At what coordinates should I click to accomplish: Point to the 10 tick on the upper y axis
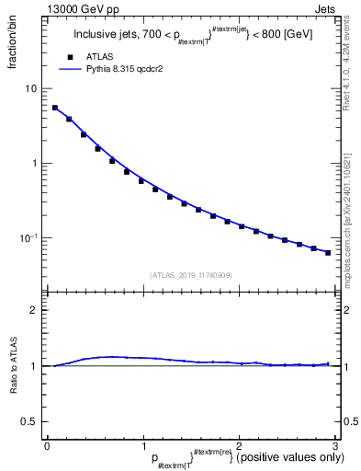pos(32,89)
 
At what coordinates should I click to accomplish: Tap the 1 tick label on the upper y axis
pos(35,164)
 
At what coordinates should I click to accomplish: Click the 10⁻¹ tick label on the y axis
pos(29,238)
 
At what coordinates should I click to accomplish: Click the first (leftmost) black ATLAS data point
pos(55,108)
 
